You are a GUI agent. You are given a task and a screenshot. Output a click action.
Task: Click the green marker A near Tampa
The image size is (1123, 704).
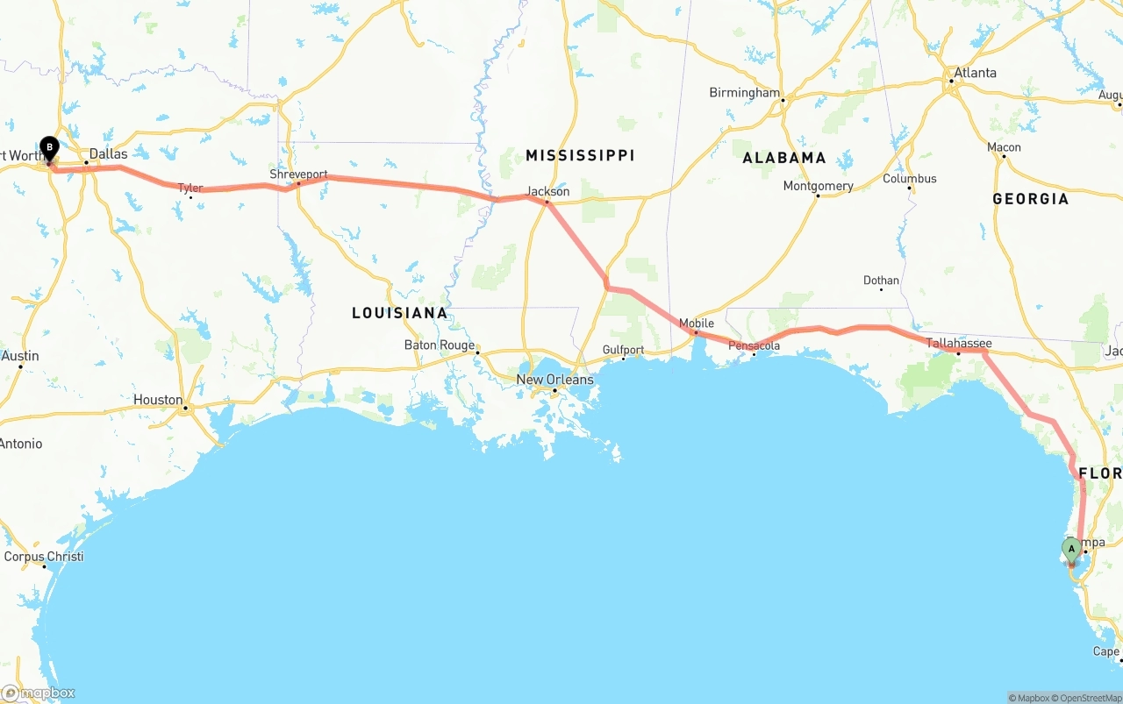tap(1071, 550)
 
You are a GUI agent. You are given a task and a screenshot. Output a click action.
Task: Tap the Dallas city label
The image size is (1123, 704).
tap(108, 153)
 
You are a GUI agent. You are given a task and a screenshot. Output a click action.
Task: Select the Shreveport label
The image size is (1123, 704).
tap(298, 174)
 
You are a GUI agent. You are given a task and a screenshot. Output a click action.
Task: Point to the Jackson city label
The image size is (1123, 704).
tap(547, 191)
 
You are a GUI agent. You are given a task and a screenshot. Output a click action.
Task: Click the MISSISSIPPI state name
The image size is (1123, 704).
tap(580, 155)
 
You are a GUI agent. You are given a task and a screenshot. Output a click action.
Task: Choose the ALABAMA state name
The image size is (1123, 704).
tap(784, 158)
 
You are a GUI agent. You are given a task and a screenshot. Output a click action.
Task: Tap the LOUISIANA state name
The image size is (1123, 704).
tap(399, 313)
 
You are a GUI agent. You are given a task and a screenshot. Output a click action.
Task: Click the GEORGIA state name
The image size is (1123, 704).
tap(1030, 199)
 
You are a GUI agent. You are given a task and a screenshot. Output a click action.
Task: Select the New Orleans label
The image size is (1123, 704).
tap(554, 380)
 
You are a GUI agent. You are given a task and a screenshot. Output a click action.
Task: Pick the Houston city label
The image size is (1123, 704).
tap(158, 400)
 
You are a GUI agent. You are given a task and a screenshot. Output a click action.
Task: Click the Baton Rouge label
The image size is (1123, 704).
tap(440, 345)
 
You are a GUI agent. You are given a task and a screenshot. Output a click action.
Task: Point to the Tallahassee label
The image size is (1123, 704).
tap(959, 344)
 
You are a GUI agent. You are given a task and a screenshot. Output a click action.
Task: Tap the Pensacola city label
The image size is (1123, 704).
tap(754, 345)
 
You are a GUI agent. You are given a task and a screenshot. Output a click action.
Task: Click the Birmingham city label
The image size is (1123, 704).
tap(744, 93)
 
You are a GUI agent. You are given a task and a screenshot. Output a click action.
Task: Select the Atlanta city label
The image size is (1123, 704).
tap(975, 73)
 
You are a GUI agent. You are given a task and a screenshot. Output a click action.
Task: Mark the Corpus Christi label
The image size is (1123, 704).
tap(44, 557)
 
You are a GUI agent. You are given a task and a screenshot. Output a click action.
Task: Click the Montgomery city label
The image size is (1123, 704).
tap(818, 186)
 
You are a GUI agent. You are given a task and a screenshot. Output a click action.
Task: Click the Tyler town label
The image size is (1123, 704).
tap(190, 188)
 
